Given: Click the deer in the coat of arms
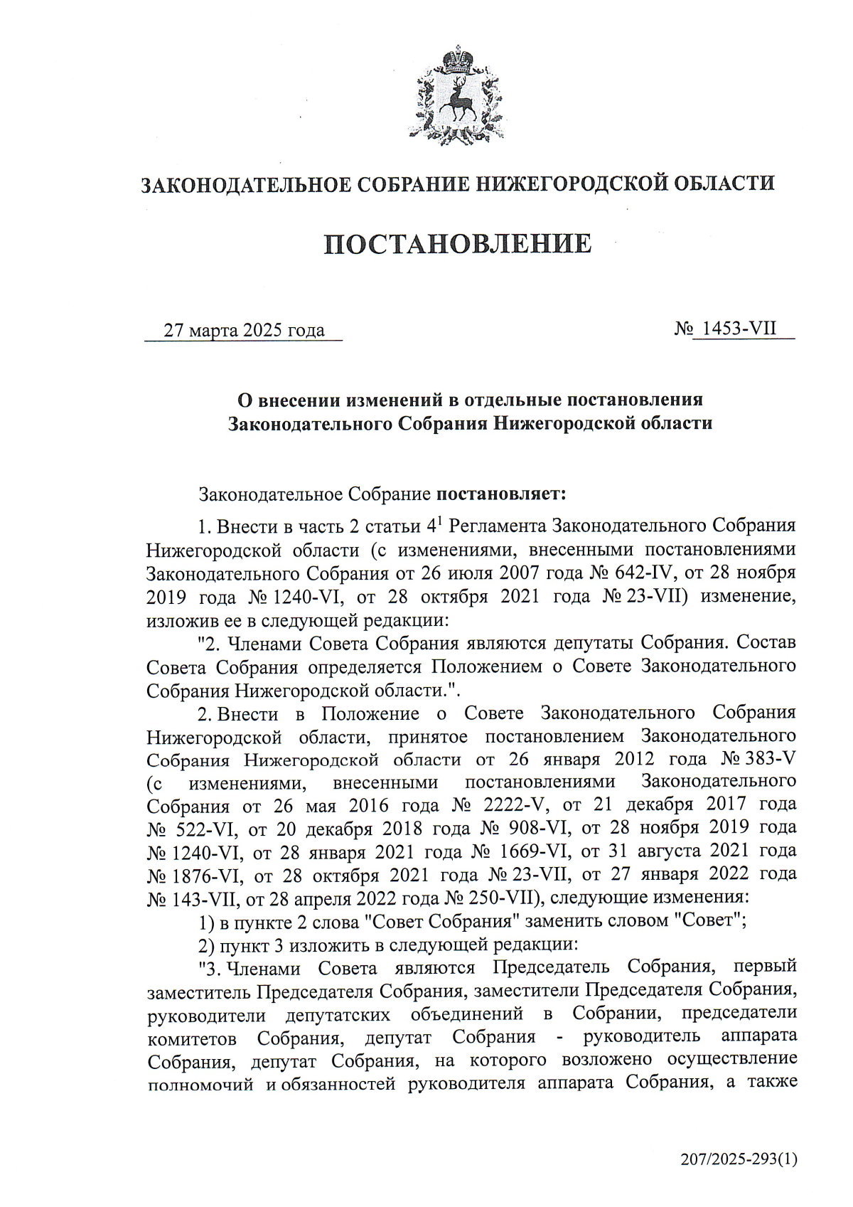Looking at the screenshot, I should click(x=456, y=100).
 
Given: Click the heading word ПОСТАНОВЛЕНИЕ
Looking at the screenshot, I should click(x=458, y=244).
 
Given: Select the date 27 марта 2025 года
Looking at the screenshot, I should click(x=244, y=331).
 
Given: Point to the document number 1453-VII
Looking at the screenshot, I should click(x=739, y=329).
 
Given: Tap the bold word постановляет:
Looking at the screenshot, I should click(x=501, y=492).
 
